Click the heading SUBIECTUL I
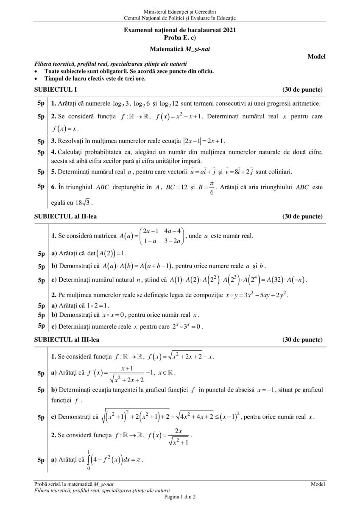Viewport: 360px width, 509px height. point(56,89)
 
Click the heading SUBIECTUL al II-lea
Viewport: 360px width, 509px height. point(65,216)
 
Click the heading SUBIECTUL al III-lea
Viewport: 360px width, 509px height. point(67,340)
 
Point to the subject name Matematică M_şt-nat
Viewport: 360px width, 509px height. point(180,49)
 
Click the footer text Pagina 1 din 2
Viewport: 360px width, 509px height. point(180,496)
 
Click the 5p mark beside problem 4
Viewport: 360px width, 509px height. point(41,151)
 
